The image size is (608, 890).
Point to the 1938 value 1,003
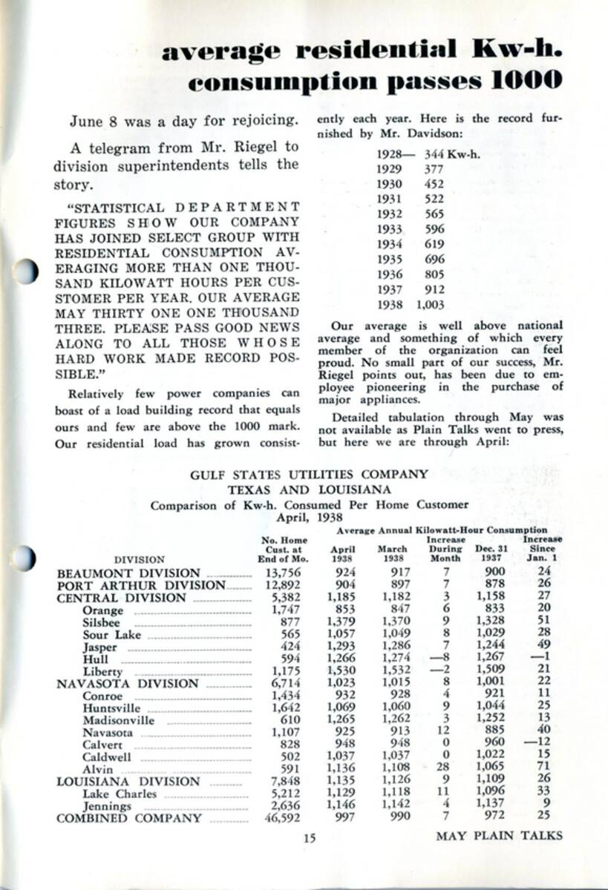coord(431,304)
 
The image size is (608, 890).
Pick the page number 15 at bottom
coord(310,838)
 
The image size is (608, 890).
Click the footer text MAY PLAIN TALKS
coord(499,836)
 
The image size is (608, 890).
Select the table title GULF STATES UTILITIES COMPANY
coord(310,474)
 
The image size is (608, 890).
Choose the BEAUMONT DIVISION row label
coord(128,573)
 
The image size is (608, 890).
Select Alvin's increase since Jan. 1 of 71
coord(544,769)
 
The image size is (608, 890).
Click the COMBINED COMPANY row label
coord(129,818)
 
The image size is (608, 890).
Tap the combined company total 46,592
coord(280,818)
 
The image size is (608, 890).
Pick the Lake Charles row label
coord(120,794)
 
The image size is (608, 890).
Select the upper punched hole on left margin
coord(24,272)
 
